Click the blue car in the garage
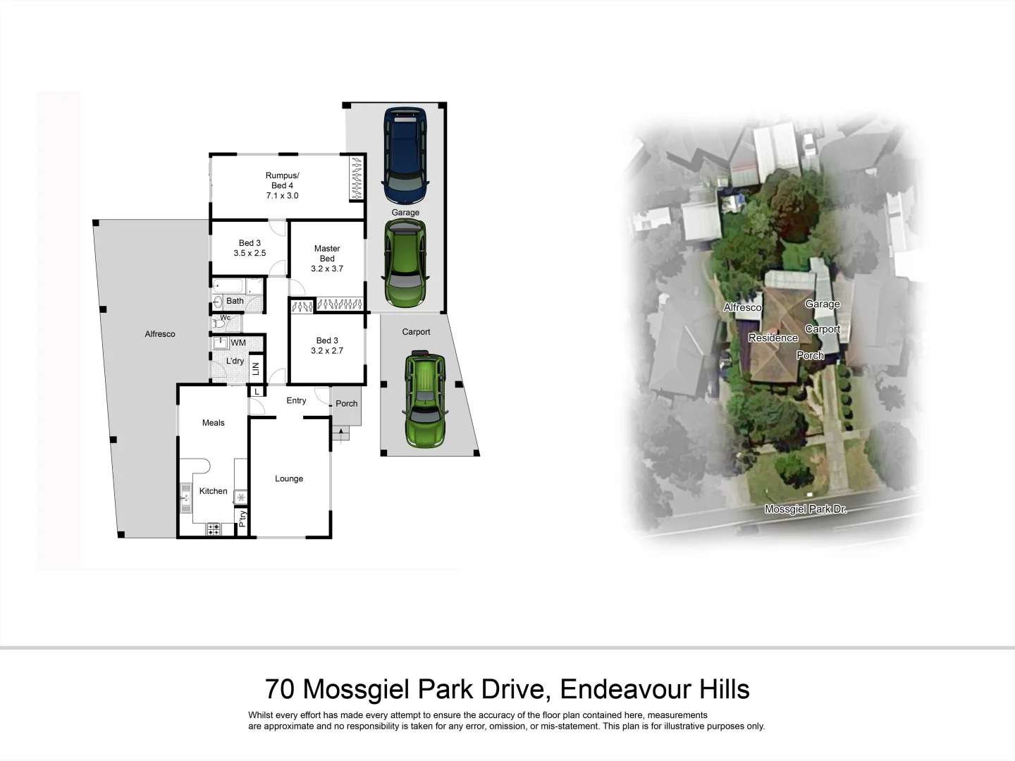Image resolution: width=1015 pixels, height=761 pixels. click(405, 154)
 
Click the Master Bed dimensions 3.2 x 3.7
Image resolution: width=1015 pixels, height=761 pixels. click(327, 268)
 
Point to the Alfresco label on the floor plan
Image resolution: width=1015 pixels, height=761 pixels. click(160, 334)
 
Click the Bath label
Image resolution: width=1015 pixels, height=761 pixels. click(235, 301)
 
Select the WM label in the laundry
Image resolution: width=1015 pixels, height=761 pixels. click(239, 342)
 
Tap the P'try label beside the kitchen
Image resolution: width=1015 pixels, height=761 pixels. click(242, 519)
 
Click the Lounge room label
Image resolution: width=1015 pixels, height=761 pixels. click(289, 478)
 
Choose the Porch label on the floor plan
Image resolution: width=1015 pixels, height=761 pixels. click(346, 404)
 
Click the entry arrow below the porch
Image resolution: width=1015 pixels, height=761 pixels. click(341, 432)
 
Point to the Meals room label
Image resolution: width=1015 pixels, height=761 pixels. click(213, 423)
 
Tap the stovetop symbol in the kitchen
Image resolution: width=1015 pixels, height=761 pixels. click(213, 528)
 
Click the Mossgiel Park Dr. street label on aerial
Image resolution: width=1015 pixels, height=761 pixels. click(806, 509)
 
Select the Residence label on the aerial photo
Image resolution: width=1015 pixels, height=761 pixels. click(773, 338)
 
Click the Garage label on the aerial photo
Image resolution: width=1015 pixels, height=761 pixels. click(823, 304)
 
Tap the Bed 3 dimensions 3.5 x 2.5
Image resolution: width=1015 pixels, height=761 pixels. click(250, 253)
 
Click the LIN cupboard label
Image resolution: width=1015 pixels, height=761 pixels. click(256, 368)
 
